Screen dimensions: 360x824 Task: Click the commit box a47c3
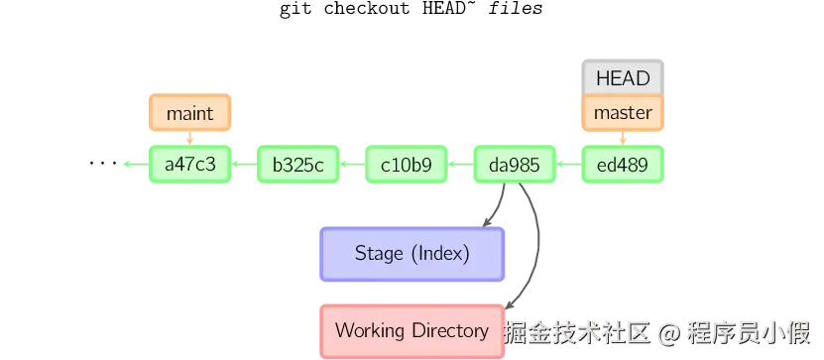[189, 166]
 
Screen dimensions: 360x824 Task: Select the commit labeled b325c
[298, 166]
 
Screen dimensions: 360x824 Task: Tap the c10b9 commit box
[407, 166]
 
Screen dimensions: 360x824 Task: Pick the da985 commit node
[515, 166]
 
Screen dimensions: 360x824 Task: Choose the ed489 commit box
[623, 166]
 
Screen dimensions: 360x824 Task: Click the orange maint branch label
[189, 113]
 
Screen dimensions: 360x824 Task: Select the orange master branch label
[623, 113]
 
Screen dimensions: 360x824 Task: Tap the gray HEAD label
[623, 77]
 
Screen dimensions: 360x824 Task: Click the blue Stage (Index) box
[412, 254]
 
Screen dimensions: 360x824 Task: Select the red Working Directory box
[412, 330]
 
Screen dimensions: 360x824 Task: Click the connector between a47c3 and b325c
[244, 166]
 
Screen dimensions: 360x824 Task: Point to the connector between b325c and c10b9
[353, 166]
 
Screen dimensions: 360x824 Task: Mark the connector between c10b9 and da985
[461, 166]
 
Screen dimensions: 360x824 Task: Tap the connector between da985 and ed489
[569, 166]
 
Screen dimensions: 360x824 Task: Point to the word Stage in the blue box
[378, 254]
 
